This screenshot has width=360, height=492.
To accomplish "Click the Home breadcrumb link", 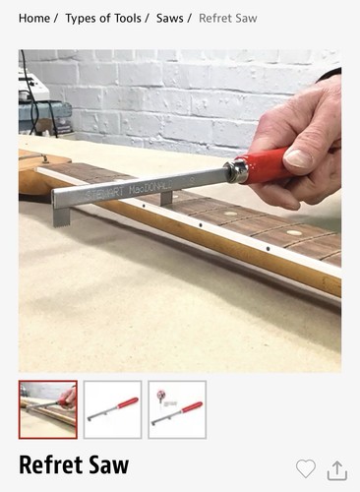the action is [34, 18].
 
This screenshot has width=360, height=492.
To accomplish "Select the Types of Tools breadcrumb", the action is [103, 18].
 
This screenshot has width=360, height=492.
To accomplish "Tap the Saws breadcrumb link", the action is [169, 18].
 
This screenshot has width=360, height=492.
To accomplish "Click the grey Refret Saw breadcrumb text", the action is [228, 18].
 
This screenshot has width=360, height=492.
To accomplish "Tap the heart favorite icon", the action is [306, 468].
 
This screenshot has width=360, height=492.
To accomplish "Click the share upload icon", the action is [337, 470].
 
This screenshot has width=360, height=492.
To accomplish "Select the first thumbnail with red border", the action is [48, 409].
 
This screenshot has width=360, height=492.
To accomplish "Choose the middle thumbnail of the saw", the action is [112, 409].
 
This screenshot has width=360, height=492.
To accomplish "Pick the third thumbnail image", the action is [177, 409].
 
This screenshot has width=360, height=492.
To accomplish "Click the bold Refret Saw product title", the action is [74, 464].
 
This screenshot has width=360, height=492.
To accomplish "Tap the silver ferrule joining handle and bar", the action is [236, 171].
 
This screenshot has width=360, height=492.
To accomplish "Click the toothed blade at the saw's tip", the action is [62, 216].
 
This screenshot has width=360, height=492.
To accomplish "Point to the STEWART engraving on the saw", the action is [106, 193].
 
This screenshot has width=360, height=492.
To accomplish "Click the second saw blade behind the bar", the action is [166, 198].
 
